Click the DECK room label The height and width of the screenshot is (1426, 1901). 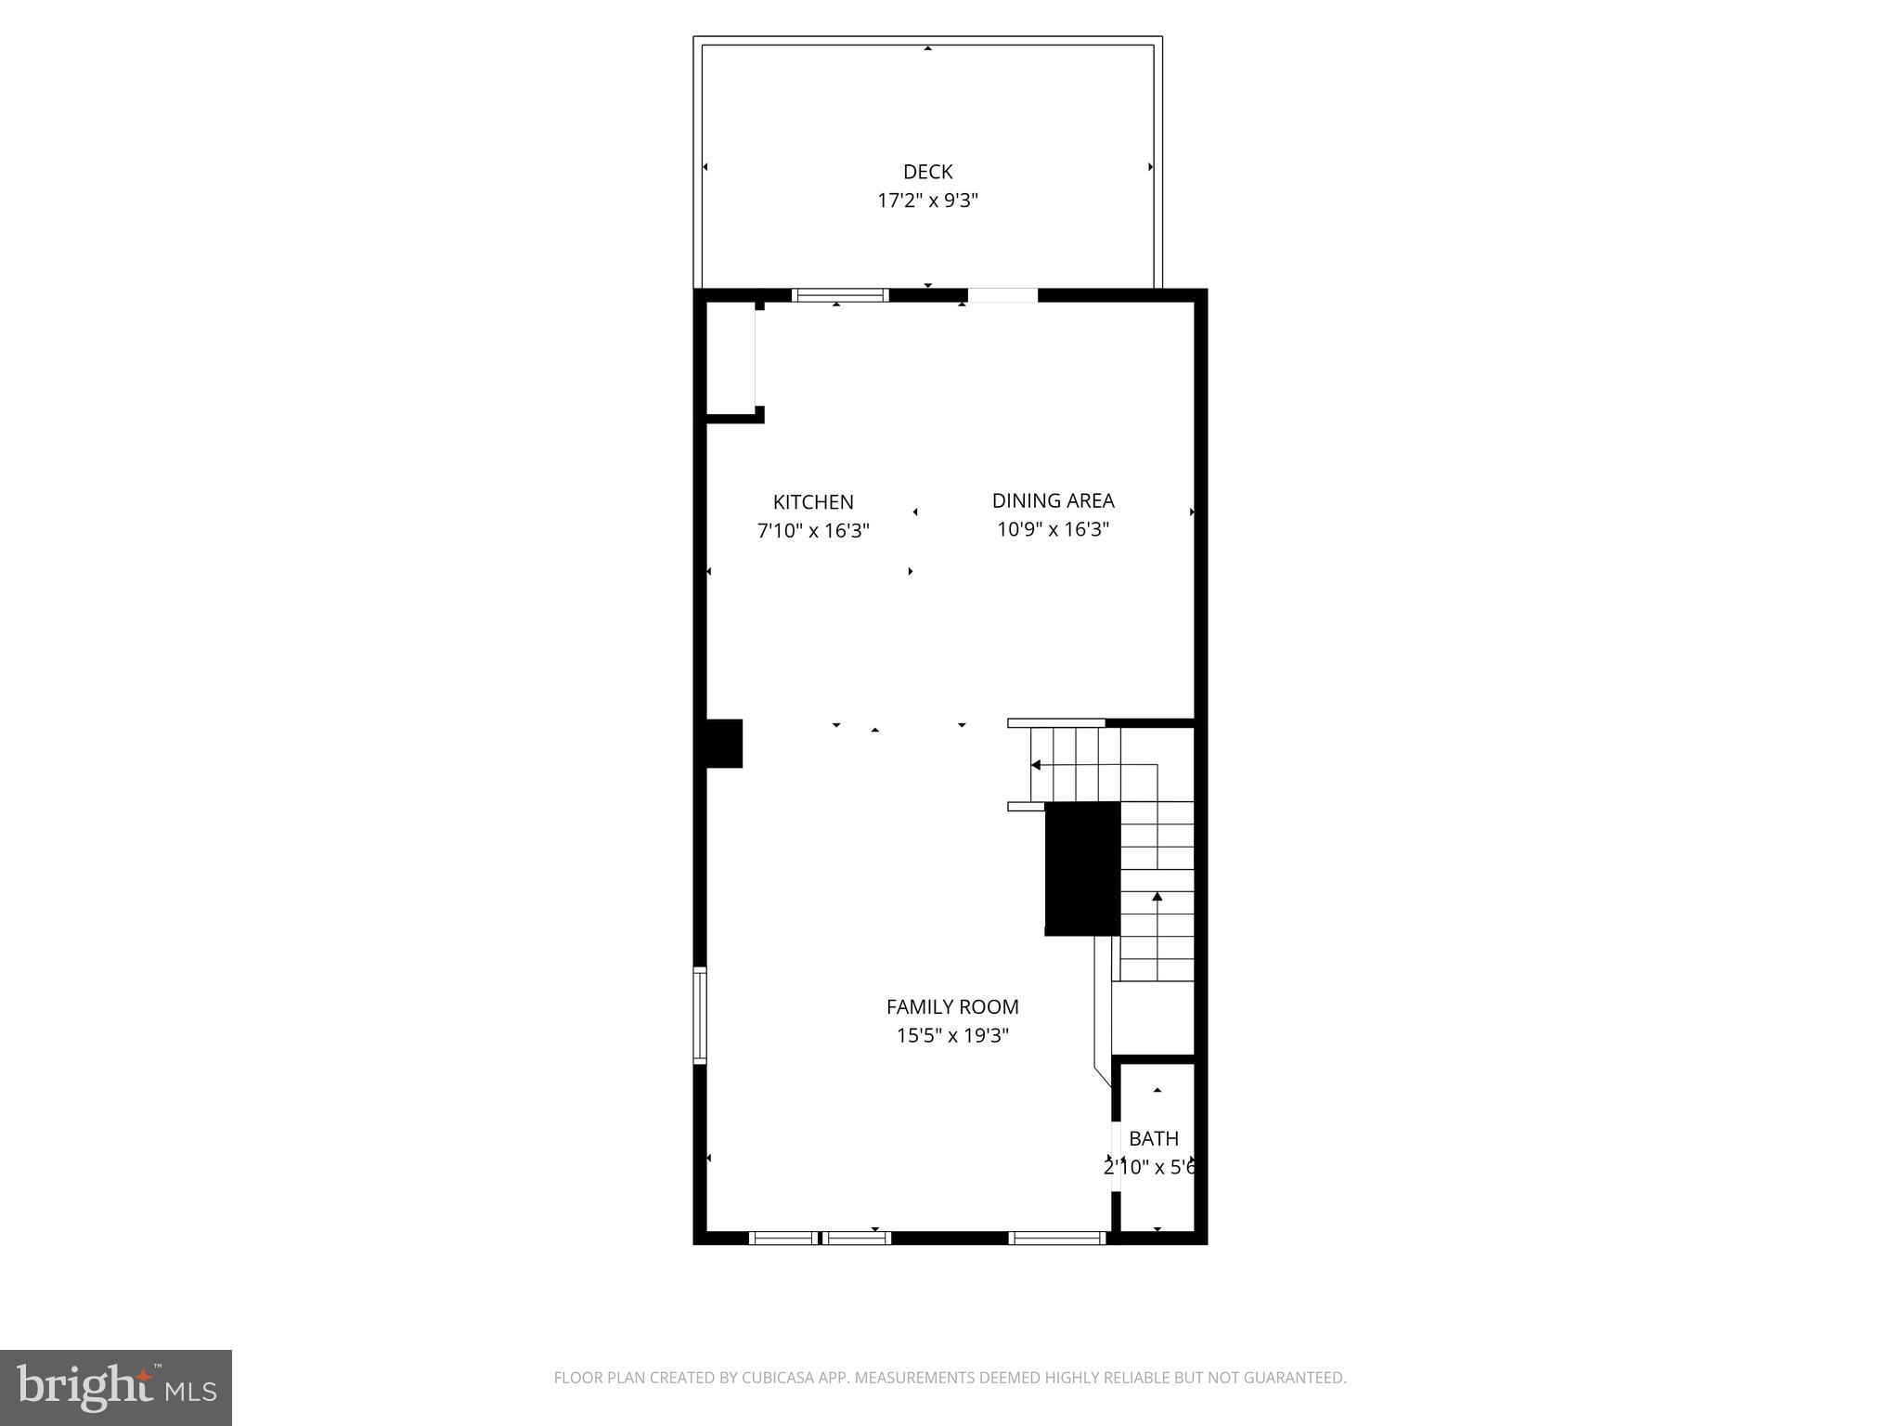point(927,172)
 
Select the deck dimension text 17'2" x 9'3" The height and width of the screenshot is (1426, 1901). point(927,201)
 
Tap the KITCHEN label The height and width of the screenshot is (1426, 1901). point(813,502)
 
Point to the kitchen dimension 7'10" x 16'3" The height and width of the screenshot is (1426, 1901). point(813,531)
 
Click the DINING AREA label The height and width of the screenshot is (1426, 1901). point(1053,500)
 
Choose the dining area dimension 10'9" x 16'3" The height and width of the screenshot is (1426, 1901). point(1053,529)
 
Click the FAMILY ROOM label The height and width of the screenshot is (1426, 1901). point(952,1006)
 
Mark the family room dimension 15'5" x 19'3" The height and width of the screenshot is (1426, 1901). point(952,1035)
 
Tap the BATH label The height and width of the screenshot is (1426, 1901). point(1154,1138)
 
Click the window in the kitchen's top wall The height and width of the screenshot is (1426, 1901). point(840,295)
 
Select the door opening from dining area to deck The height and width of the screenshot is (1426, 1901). point(1002,295)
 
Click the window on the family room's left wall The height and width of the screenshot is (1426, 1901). point(701,1015)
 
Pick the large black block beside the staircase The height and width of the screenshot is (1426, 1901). point(1082,868)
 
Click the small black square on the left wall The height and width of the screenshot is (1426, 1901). point(724,744)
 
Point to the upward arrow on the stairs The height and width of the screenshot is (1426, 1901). point(1157,897)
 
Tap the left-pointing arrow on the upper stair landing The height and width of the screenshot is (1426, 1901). point(1036,765)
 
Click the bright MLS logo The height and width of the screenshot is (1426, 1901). point(116,1387)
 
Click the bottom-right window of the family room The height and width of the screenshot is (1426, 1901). point(1057,1238)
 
